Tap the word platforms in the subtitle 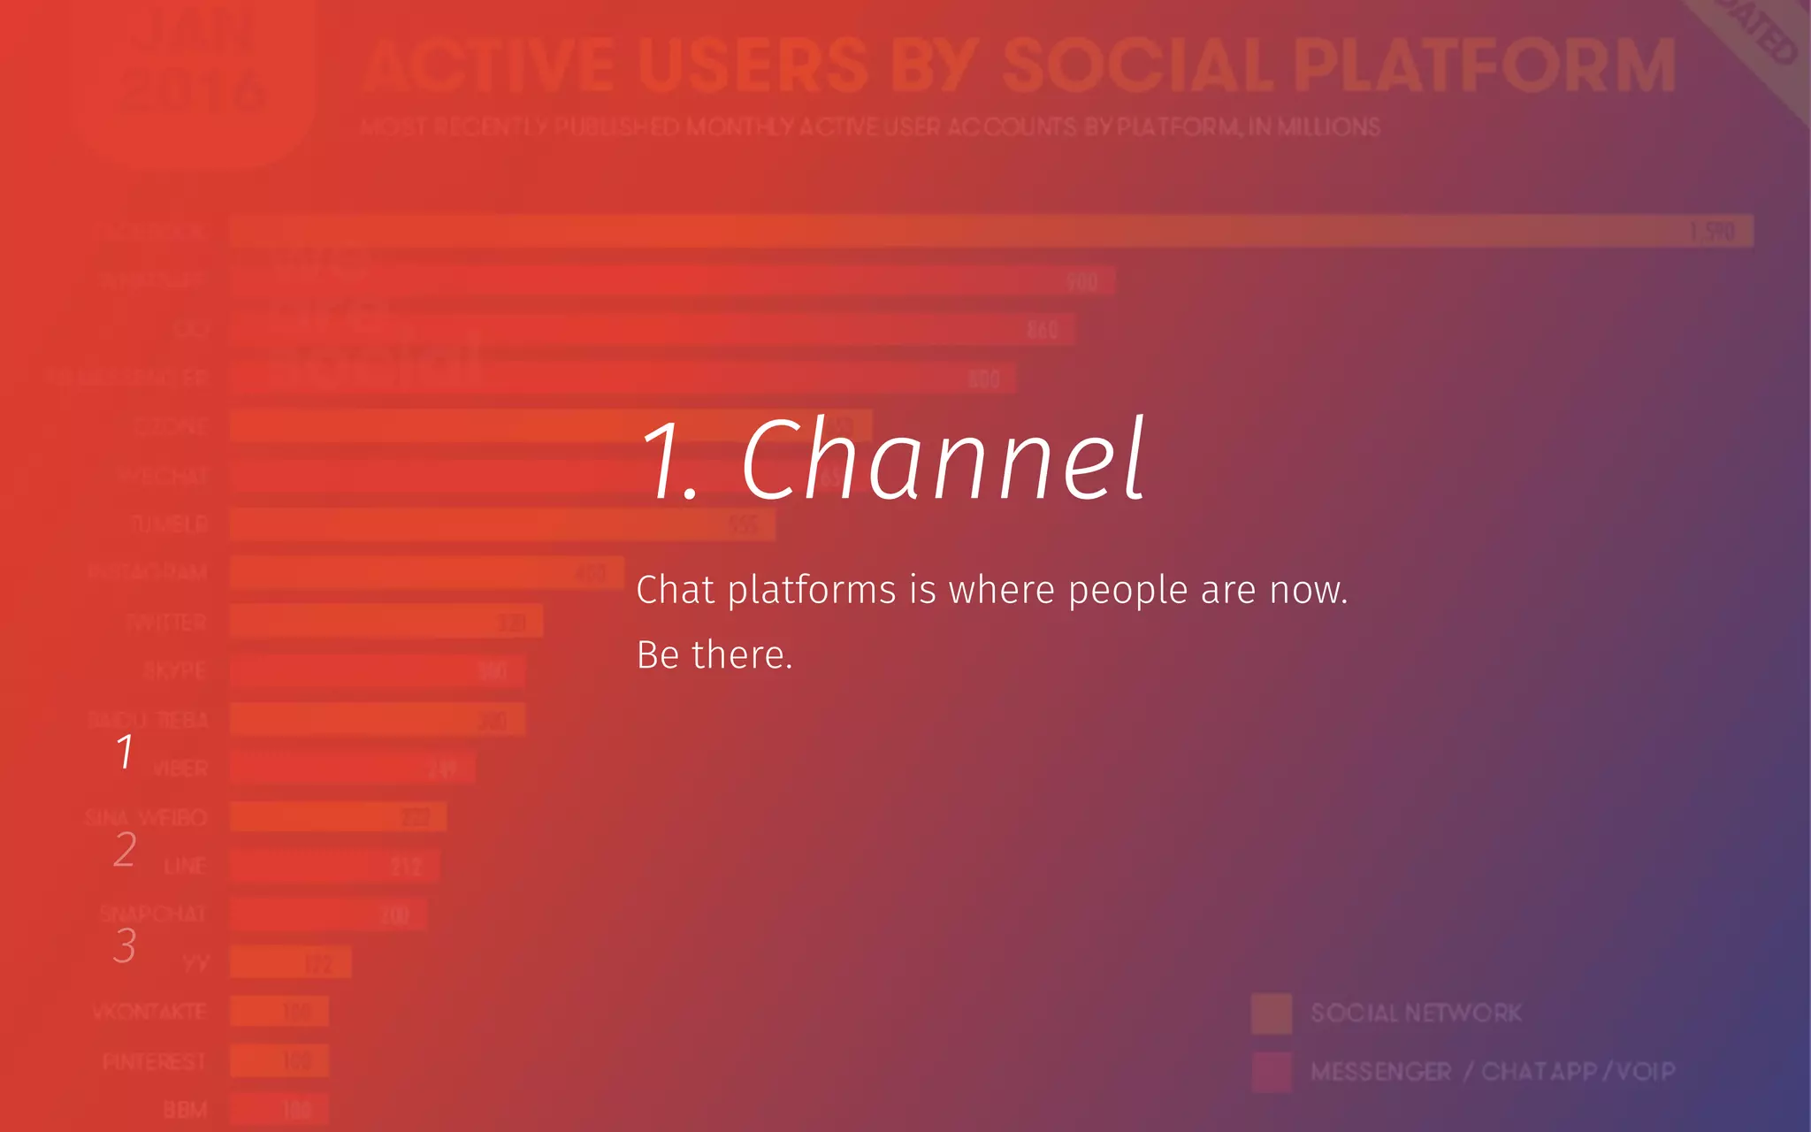[812, 591]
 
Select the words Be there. [714, 655]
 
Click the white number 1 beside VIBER [125, 752]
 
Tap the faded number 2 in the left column [125, 849]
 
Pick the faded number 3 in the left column [125, 945]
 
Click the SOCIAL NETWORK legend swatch [1272, 1013]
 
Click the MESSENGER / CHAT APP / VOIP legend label [1493, 1072]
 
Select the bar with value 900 [672, 281]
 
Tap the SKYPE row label [174, 670]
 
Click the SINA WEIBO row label [146, 817]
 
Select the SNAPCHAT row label [152, 914]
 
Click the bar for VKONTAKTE [279, 1011]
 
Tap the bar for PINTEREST [279, 1060]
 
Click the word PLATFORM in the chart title [1484, 66]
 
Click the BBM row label [185, 1109]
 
